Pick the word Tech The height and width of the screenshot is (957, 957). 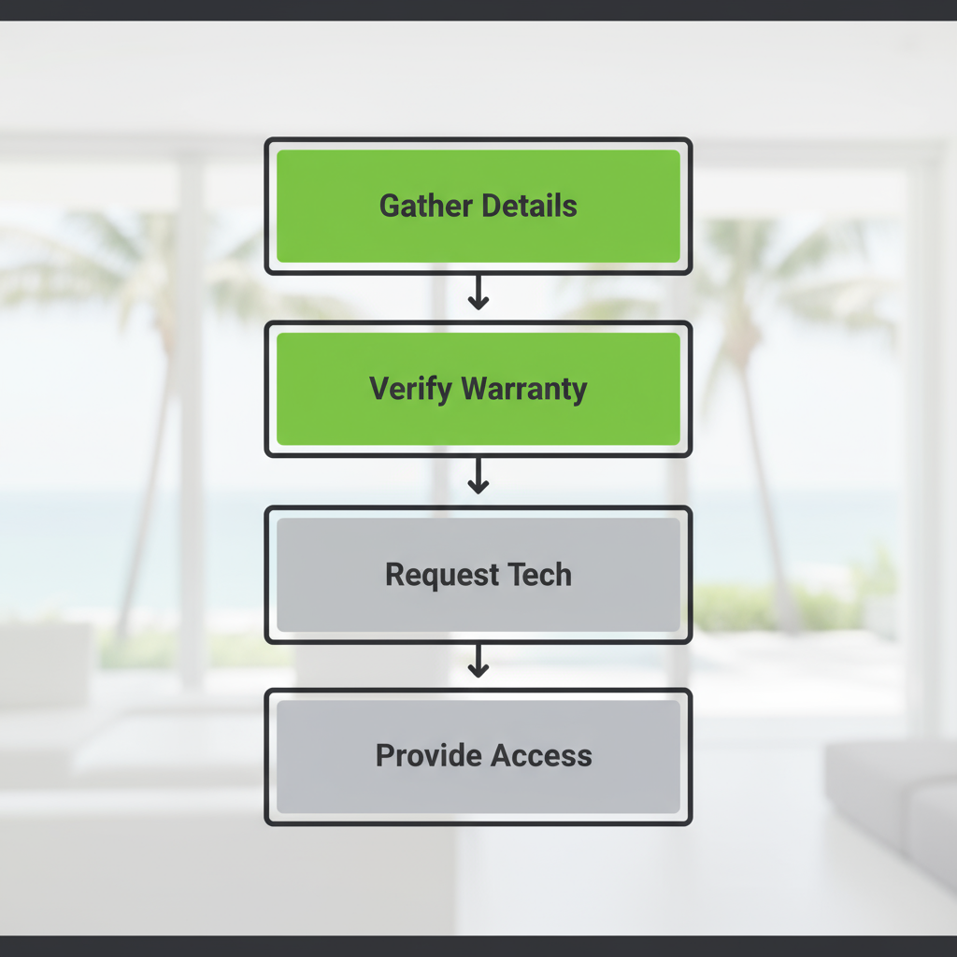pos(539,574)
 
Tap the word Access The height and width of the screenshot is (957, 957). pos(541,755)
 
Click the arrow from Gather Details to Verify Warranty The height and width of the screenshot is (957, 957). pos(478,294)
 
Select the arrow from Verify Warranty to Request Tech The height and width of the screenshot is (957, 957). pos(478,478)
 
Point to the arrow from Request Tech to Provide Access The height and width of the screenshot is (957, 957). pos(478,662)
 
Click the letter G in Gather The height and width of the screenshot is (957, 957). pos(389,206)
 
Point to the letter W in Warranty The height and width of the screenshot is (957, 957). pos(477,389)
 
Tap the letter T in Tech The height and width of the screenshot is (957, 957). pos(515,574)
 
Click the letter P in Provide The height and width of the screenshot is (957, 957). pos(385,755)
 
